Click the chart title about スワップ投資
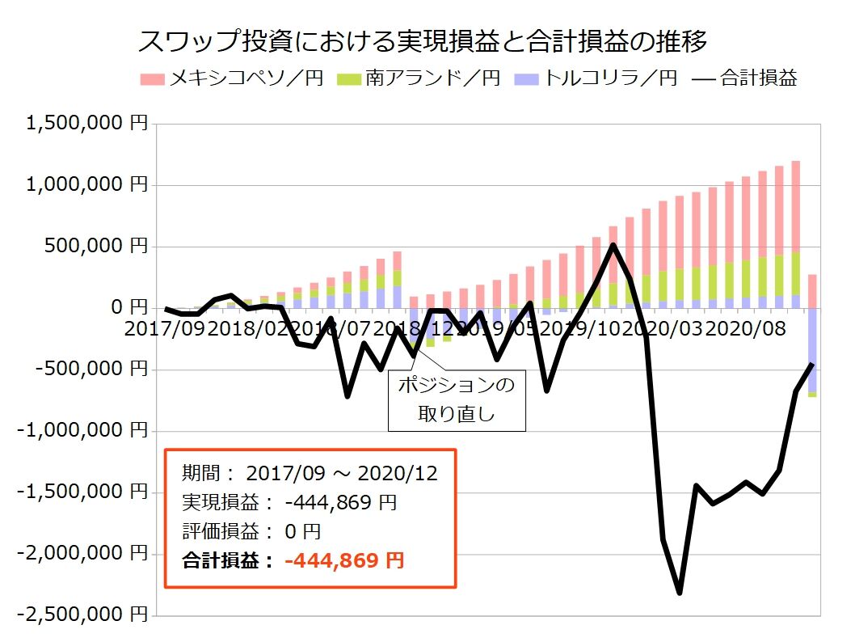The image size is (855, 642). (x=423, y=40)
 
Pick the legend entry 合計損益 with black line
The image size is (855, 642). (x=747, y=78)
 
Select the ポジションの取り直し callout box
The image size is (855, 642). (x=457, y=400)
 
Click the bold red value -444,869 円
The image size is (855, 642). (x=344, y=560)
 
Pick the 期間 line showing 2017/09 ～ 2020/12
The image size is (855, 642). (x=310, y=473)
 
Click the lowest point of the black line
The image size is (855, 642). (x=680, y=592)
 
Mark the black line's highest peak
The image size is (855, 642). (x=613, y=245)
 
